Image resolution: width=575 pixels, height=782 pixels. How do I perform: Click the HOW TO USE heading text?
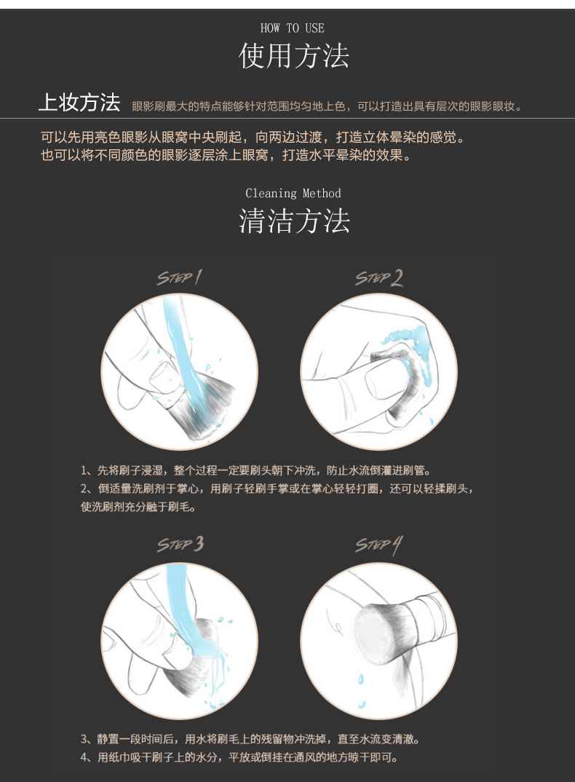coord(293,28)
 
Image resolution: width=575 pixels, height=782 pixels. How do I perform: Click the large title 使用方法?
coord(294,55)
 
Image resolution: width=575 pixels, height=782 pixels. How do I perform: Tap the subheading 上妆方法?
coord(80,103)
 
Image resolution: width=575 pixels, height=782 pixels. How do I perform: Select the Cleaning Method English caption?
coord(293,193)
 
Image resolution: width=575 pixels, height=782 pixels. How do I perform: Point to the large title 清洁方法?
coord(294,221)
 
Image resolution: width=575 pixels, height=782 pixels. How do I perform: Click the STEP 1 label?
coord(180,277)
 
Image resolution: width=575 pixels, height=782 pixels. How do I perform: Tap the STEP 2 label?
coord(379,278)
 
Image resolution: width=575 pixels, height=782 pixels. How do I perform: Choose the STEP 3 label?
coord(181,544)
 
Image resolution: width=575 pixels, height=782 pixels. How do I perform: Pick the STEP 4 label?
coord(379,545)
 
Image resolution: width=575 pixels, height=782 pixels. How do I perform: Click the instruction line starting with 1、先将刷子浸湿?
coord(256,470)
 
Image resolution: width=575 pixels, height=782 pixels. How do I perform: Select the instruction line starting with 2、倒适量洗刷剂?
coord(277,489)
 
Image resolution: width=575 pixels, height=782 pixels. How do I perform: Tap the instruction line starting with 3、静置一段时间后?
coord(250,739)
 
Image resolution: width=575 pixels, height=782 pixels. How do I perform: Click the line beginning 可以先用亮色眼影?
coord(253,137)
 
